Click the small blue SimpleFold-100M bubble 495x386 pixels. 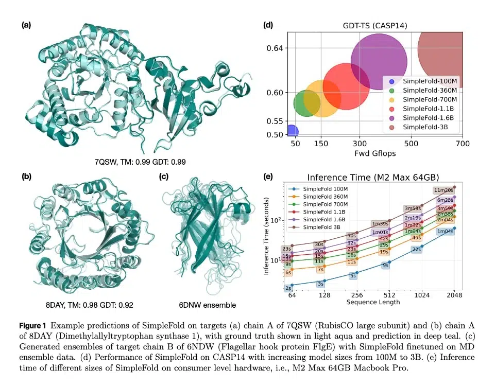[292, 132]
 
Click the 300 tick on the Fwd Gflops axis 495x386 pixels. [360, 144]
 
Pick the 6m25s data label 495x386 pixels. [446, 200]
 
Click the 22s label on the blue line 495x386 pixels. [417, 249]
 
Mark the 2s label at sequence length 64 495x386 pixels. [288, 288]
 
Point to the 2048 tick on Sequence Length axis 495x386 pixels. [454, 295]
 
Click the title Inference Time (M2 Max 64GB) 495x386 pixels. [373, 177]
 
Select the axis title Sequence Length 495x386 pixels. [373, 302]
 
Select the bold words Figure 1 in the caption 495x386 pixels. [33, 326]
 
